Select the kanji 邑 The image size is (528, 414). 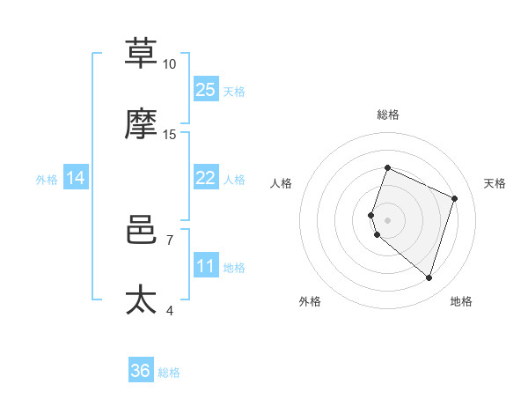click(x=142, y=228)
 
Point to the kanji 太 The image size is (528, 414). click(x=142, y=299)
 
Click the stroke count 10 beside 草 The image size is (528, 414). click(x=169, y=64)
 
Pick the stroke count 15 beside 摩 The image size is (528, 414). click(x=169, y=135)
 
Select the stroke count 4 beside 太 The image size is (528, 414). click(x=169, y=310)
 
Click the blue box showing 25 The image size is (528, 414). click(x=206, y=90)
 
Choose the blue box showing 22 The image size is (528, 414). click(x=206, y=178)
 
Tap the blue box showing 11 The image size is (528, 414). click(x=206, y=266)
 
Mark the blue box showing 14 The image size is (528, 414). click(x=76, y=178)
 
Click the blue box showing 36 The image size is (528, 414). click(x=141, y=371)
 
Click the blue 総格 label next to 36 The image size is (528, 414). click(x=169, y=373)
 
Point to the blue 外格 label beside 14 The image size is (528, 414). click(x=47, y=180)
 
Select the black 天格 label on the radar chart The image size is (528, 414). click(x=495, y=183)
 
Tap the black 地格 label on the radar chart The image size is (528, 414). click(x=461, y=301)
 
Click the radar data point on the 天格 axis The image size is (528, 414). click(x=455, y=198)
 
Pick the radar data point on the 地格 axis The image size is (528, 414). click(x=429, y=277)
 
